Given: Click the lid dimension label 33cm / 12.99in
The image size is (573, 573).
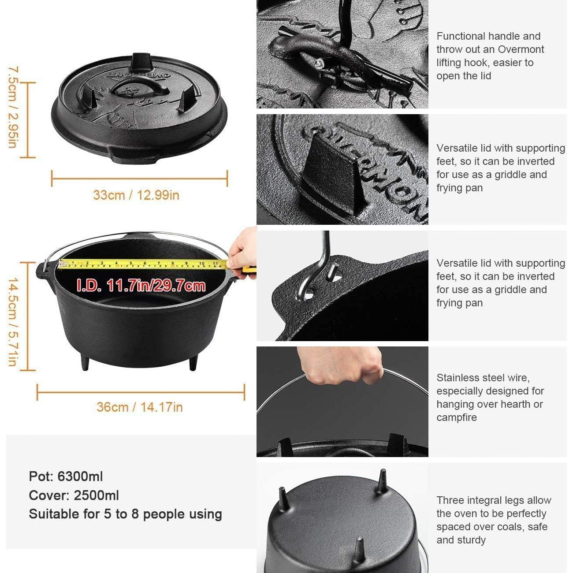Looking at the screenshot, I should click(x=136, y=195).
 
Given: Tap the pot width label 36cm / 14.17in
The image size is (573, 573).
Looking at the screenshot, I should click(x=140, y=407).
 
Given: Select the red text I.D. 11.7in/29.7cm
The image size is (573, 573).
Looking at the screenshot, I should click(x=141, y=286).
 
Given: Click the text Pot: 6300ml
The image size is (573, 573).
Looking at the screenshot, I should click(x=66, y=476).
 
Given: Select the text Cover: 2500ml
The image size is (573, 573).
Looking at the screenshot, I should click(x=74, y=495).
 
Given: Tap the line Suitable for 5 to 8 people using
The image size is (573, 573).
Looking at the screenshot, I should click(x=126, y=514).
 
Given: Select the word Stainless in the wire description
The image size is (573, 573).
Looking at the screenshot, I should click(x=457, y=378).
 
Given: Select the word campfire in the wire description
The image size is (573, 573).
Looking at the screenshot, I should click(x=457, y=417).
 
